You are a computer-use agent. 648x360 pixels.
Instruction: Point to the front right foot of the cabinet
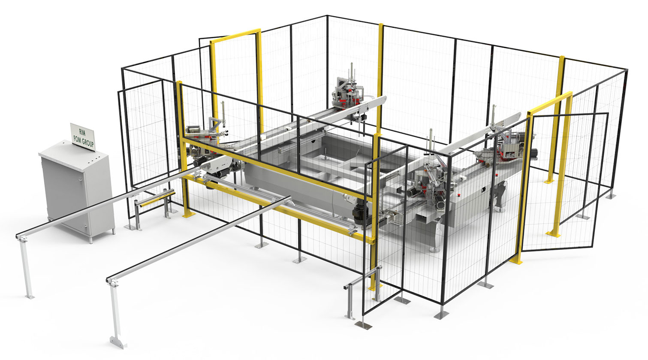pyautogui.click(x=113, y=232)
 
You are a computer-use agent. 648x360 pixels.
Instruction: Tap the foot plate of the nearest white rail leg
pyautogui.click(x=118, y=342)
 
